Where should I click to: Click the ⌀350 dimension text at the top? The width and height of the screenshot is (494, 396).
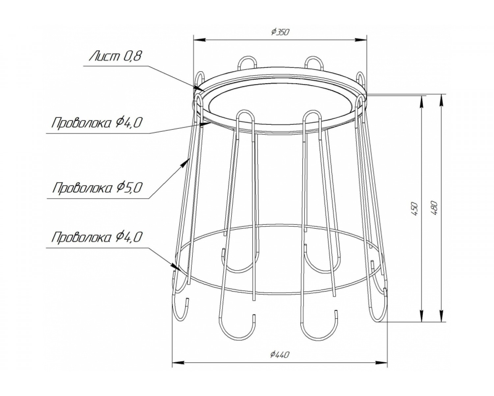279,32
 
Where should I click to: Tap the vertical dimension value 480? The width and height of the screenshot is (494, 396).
434,208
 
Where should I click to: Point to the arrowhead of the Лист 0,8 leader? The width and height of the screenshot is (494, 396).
199,88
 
